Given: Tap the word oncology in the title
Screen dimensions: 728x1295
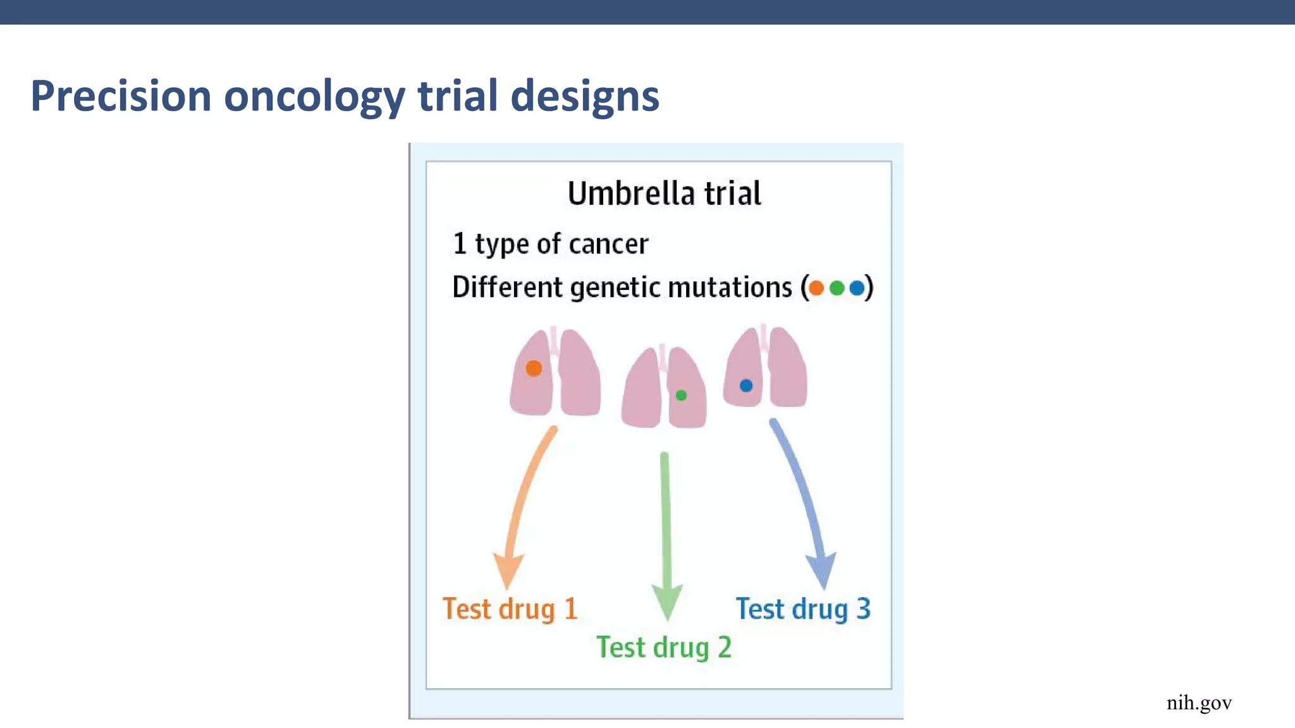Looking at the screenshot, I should tap(314, 97).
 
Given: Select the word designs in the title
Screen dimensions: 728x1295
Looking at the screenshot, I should tap(584, 96).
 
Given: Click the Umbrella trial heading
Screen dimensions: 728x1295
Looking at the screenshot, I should tap(664, 193).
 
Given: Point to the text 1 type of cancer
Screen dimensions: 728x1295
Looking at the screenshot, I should tap(550, 244).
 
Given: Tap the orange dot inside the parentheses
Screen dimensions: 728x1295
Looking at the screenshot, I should tap(816, 288).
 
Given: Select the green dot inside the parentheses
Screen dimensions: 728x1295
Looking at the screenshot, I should tap(837, 288).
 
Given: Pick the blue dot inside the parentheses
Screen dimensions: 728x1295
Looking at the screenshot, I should tap(857, 288).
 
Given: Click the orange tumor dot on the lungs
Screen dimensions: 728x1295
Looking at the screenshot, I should tap(534, 368).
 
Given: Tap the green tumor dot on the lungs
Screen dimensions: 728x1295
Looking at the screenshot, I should tap(681, 395).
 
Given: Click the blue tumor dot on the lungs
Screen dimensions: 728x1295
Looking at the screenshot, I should tap(746, 385).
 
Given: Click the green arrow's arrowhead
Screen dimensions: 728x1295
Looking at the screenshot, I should tap(666, 602).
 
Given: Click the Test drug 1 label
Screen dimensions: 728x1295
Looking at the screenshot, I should tap(510, 609).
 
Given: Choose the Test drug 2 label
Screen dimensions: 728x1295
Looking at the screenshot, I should tap(664, 648).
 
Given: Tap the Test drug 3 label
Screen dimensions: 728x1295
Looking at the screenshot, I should tap(803, 609).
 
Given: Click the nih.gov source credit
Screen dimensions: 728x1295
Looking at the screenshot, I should tap(1199, 703).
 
